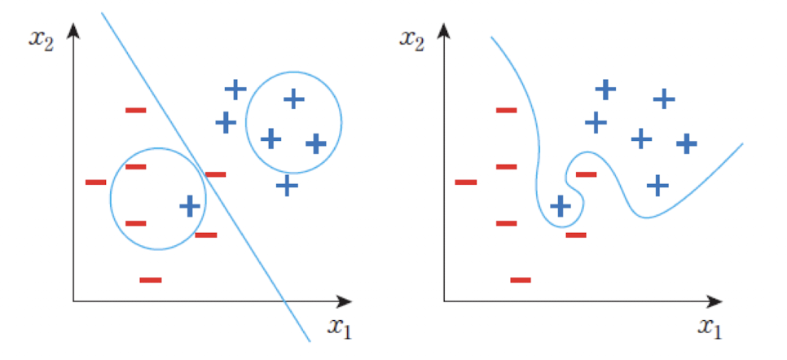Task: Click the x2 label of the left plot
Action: pos(40,39)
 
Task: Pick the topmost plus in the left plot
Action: pos(235,89)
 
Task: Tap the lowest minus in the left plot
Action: pos(151,279)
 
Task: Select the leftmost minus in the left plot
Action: pos(95,182)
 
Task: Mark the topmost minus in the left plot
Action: pos(135,109)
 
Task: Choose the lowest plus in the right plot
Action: pos(560,205)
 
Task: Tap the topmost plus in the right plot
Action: pos(605,88)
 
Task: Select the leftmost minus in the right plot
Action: pos(466,182)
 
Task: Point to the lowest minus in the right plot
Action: pos(521,279)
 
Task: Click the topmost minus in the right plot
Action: pos(506,109)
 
